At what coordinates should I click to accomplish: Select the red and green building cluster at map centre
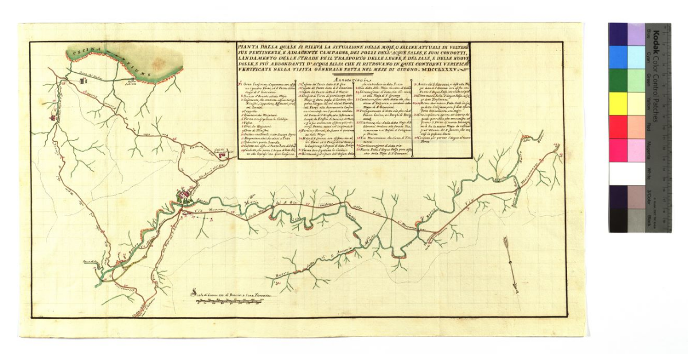183,198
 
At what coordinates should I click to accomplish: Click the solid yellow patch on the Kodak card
618,103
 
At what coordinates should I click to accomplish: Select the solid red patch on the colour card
618,127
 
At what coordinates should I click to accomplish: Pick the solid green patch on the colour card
618,80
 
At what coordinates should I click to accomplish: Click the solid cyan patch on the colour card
618,57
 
